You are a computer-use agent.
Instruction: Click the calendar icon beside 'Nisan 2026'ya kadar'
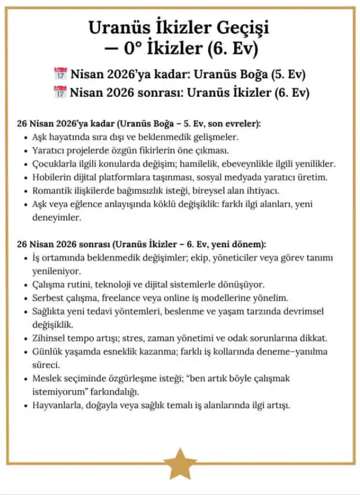(x=60, y=73)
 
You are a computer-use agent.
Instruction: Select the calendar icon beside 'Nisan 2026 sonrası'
(x=60, y=92)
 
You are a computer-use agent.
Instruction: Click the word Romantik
(x=52, y=191)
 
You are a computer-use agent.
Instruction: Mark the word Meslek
(x=47, y=379)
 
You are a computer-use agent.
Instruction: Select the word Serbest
(x=49, y=298)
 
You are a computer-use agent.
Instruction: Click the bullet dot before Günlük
(x=26, y=352)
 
